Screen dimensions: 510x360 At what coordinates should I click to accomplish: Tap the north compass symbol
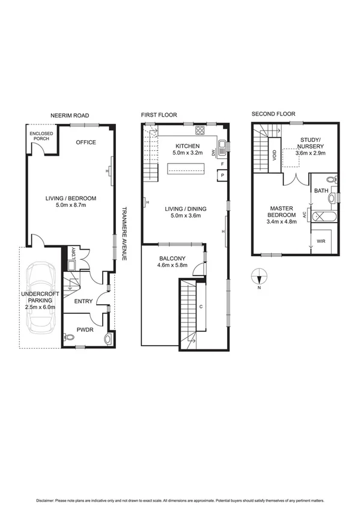pos(259,277)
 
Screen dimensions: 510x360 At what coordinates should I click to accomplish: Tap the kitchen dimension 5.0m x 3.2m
pos(189,153)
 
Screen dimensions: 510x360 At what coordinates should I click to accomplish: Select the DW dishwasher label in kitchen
pos(213,153)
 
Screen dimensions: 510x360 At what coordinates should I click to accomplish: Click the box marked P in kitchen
pos(222,175)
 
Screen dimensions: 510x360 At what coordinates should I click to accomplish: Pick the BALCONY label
pos(172,259)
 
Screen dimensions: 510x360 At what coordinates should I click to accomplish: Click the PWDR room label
pos(84,330)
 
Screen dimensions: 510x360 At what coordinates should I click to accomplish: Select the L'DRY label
pos(73,253)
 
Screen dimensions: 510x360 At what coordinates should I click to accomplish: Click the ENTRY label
pos(84,301)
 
